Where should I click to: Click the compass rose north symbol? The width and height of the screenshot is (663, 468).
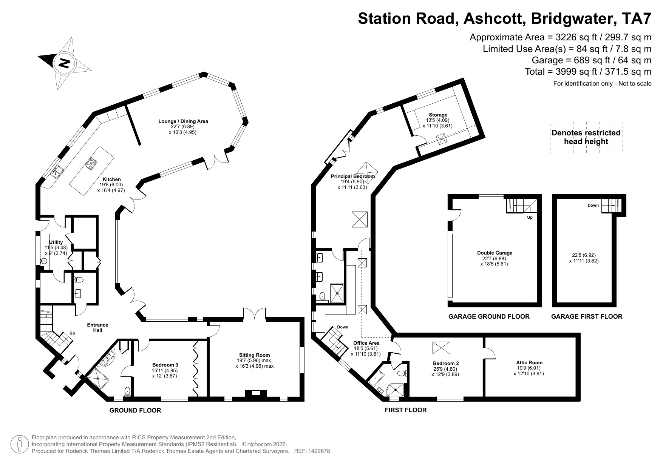pyautogui.click(x=64, y=63)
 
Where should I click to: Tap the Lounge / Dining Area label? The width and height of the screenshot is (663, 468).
pyautogui.click(x=183, y=121)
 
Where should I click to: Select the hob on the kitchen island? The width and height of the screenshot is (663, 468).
pyautogui.click(x=92, y=163)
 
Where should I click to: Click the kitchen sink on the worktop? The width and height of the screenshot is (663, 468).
pyautogui.click(x=58, y=171)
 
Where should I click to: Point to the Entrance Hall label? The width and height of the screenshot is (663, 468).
pyautogui.click(x=97, y=327)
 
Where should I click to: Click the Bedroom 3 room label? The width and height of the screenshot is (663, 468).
pyautogui.click(x=165, y=365)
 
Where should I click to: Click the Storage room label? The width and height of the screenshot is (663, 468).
pyautogui.click(x=438, y=115)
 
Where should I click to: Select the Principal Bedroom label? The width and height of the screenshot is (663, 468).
pyautogui.click(x=353, y=176)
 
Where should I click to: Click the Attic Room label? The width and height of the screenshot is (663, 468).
pyautogui.click(x=530, y=362)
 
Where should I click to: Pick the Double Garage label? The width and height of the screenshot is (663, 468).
pyautogui.click(x=495, y=253)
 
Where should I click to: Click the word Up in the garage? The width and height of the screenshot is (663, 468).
pyautogui.click(x=530, y=218)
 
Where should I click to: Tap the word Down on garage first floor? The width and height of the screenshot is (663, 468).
pyautogui.click(x=593, y=206)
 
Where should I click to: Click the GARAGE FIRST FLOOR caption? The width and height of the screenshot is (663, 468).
pyautogui.click(x=586, y=316)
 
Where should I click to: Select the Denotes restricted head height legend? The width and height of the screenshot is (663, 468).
pyautogui.click(x=586, y=137)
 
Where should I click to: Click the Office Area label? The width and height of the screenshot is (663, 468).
pyautogui.click(x=366, y=343)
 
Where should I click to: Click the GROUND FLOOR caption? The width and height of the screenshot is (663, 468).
pyautogui.click(x=135, y=410)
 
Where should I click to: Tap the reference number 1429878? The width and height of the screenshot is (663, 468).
pyautogui.click(x=320, y=451)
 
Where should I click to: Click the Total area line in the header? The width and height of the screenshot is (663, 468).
pyautogui.click(x=588, y=71)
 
